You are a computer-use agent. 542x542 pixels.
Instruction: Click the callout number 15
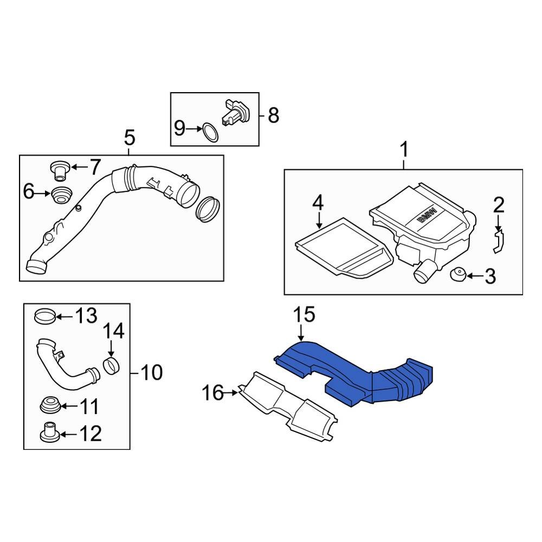pos(304,315)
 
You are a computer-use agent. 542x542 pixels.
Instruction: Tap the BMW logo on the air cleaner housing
pos(427,216)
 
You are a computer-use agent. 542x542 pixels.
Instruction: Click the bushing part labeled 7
pos(58,169)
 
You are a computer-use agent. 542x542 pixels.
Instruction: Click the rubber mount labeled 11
pos(51,405)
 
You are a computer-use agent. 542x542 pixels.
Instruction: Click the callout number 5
pos(129,138)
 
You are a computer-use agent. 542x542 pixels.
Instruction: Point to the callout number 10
pos(151,372)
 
